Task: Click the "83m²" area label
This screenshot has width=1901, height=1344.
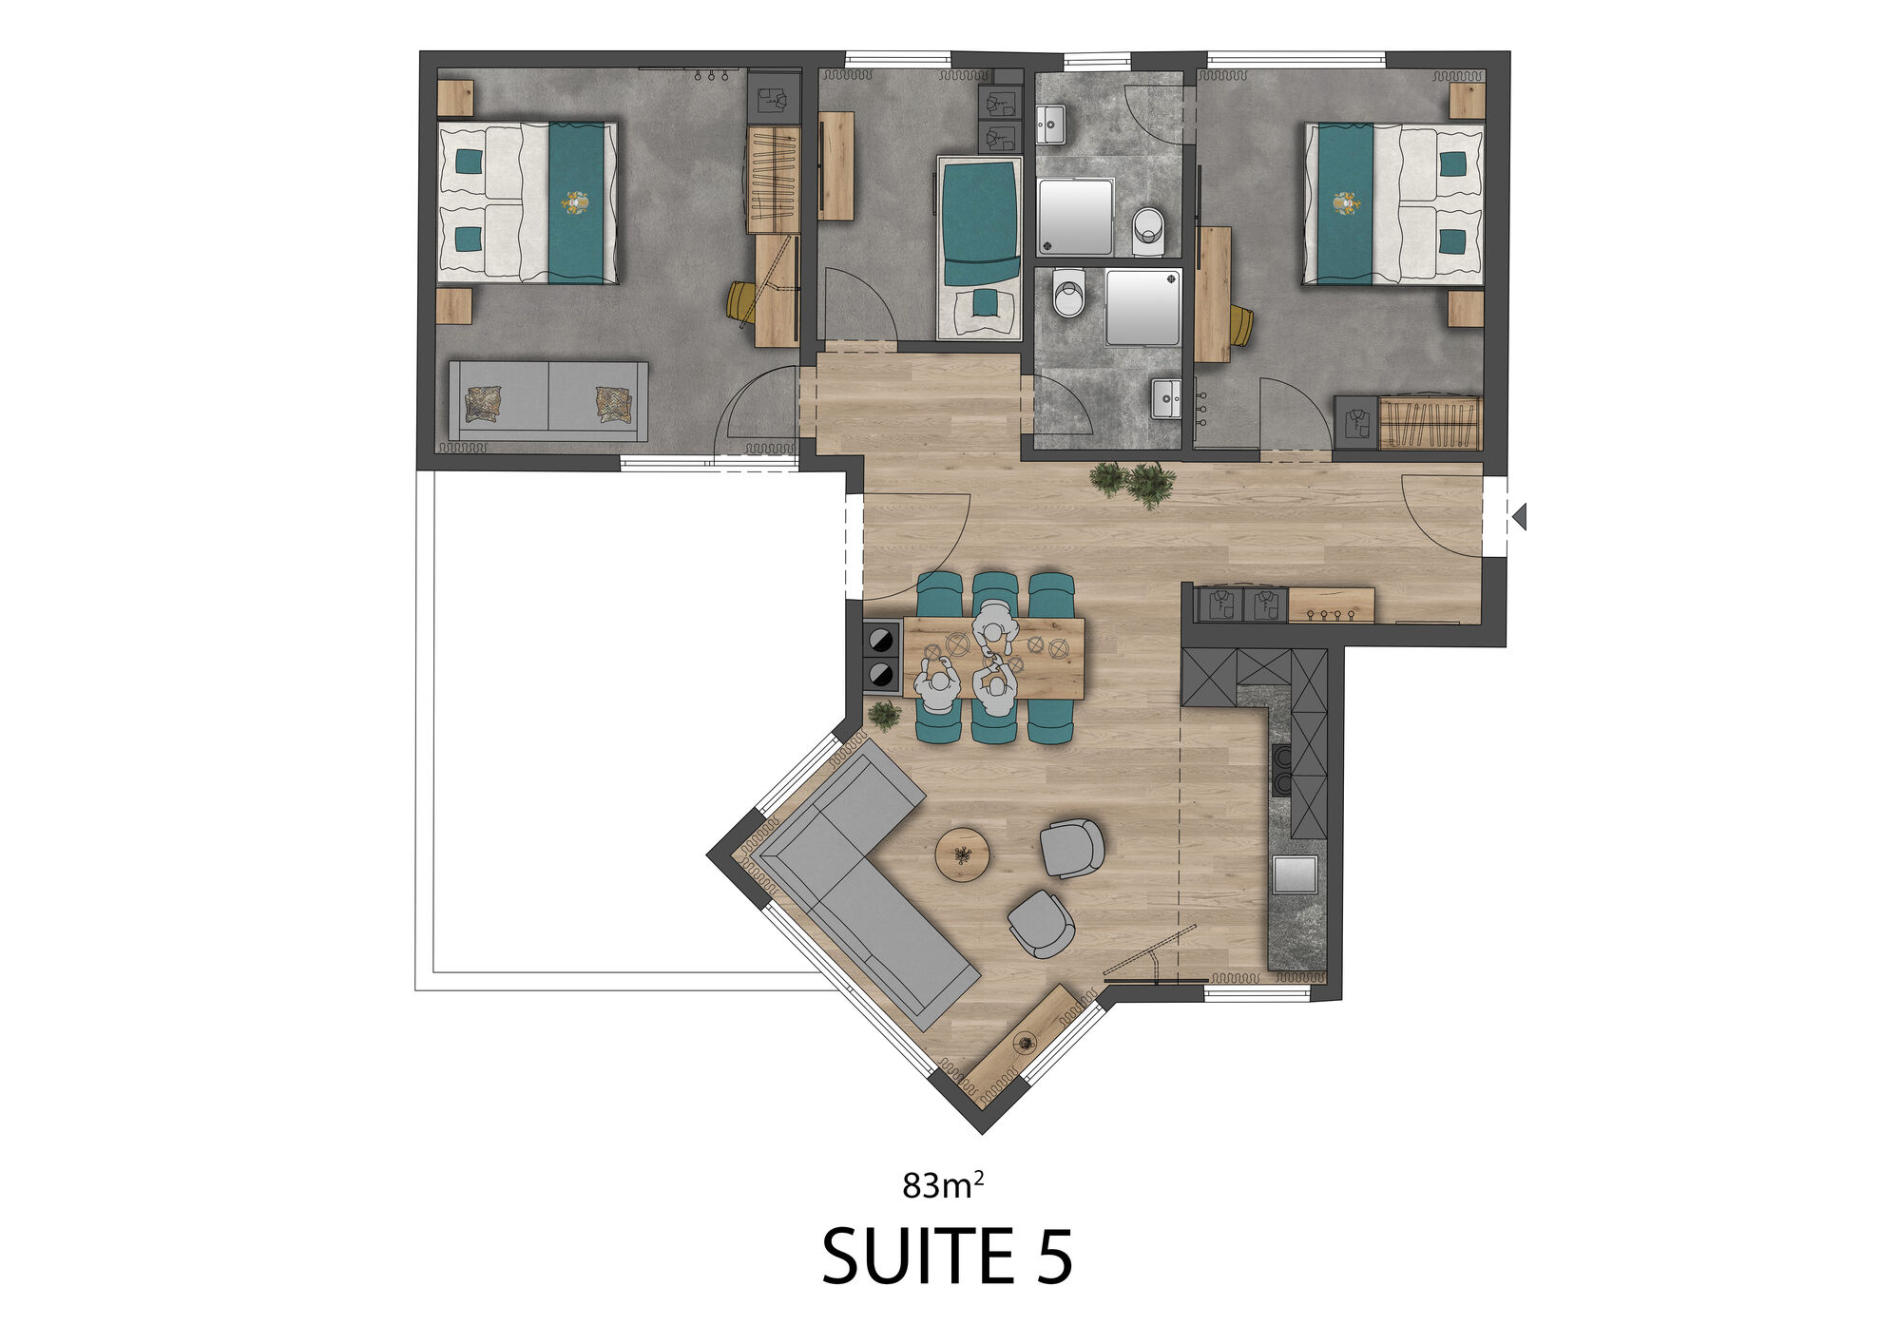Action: coord(943,1184)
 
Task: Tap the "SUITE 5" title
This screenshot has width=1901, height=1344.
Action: coord(948,1257)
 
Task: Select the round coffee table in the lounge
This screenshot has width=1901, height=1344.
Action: coord(963,854)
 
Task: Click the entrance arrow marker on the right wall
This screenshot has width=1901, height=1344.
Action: coord(1519,517)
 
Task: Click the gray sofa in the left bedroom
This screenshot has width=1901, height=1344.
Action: coord(548,401)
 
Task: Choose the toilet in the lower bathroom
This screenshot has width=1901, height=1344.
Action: coord(1069,293)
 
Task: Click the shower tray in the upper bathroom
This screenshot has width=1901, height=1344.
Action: coord(1075,217)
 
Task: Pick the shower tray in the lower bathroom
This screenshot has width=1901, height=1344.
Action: coord(1143,307)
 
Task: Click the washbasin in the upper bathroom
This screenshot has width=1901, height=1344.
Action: coord(1050,125)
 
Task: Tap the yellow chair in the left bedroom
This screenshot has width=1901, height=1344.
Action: coord(741,303)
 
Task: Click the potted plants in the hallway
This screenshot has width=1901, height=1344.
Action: coord(1134,484)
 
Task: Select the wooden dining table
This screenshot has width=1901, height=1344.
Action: coord(993,658)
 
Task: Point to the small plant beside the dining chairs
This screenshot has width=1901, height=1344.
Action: coord(885,716)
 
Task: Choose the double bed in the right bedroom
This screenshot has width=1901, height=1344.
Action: coord(1393,203)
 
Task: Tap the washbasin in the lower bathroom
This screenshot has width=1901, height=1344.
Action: coord(1166,398)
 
